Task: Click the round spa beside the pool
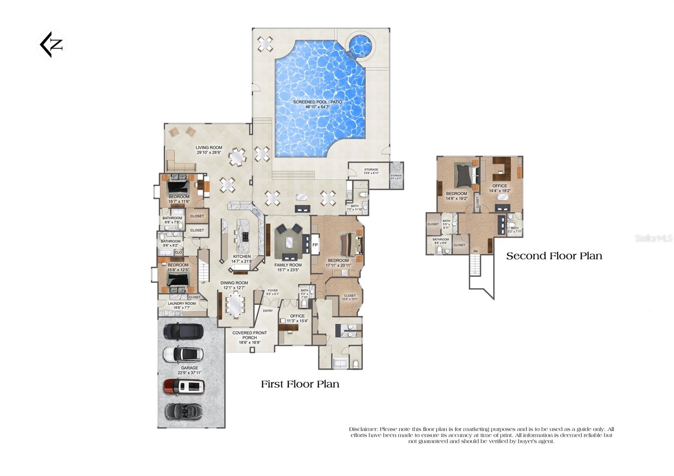[x=361, y=44]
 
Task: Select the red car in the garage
[x=184, y=386]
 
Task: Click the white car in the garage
[x=183, y=354]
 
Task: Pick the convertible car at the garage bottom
[x=183, y=411]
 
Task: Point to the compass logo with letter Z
[x=51, y=44]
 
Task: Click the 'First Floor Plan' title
[x=300, y=384]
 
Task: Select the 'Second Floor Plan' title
[x=554, y=256]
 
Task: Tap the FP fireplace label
[x=315, y=245]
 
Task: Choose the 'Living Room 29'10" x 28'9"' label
[x=209, y=150]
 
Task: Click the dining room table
[x=235, y=305]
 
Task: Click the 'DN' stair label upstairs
[x=475, y=251]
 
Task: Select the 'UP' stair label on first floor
[x=203, y=283]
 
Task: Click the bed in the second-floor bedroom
[x=465, y=175]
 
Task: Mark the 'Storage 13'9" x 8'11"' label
[x=371, y=171]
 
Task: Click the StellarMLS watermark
[x=653, y=238]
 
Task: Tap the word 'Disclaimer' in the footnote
[x=364, y=429]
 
